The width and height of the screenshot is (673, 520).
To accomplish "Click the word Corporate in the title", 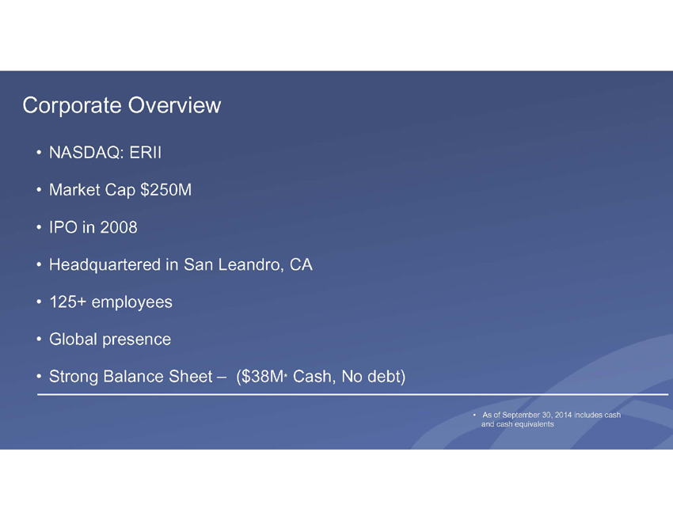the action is tap(72, 105).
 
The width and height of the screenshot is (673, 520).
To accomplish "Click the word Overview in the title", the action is tap(174, 105).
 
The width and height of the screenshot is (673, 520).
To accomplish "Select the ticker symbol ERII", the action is tap(146, 153).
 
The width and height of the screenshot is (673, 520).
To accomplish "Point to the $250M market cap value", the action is tap(166, 190).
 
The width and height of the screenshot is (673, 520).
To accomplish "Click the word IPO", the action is tap(63, 227).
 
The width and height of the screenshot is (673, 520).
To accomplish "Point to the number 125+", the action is tap(68, 302).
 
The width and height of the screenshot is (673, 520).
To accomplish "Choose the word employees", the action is tap(131, 302).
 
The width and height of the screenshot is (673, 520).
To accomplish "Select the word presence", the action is tap(137, 340).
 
